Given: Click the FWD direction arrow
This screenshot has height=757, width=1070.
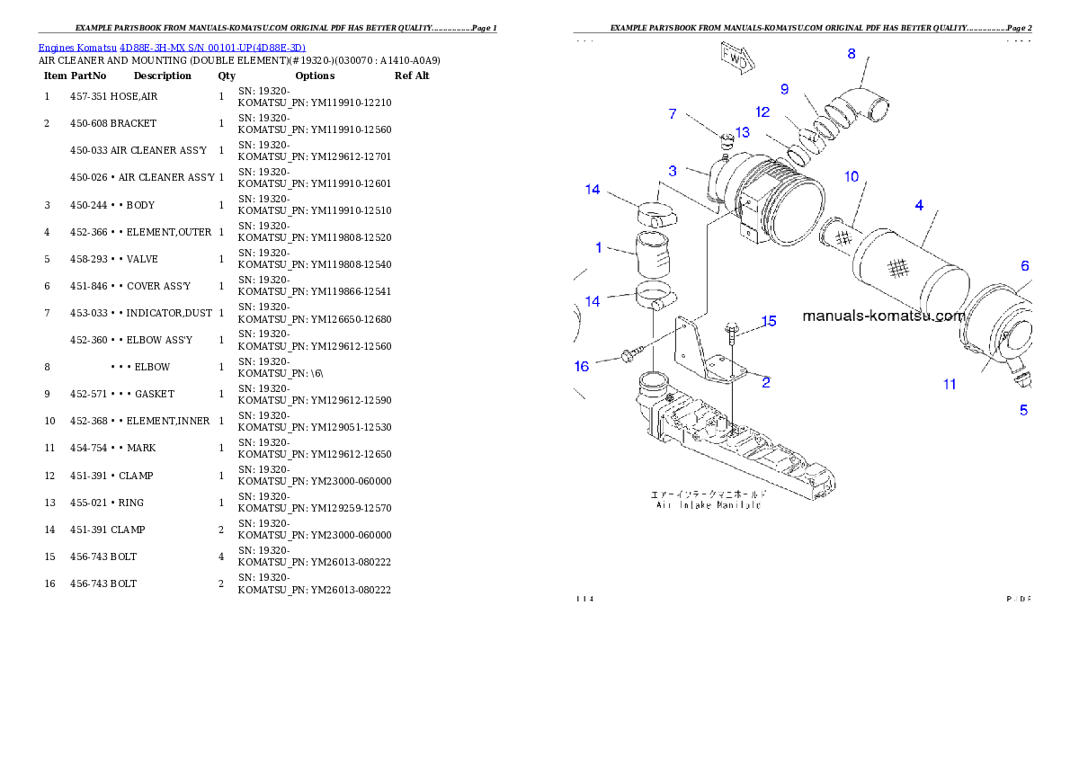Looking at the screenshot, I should tap(735, 56).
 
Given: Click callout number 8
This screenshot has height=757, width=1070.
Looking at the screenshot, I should tap(852, 54).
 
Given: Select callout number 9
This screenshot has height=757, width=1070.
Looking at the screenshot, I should tap(784, 89).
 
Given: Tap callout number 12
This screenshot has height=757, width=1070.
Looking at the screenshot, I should tap(762, 112).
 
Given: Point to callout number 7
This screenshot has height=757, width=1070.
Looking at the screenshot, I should tap(672, 114).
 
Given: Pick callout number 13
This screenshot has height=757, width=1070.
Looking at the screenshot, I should tap(742, 133).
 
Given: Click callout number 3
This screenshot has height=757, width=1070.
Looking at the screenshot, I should tap(673, 171).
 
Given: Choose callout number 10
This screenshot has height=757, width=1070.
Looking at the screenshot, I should tap(852, 176).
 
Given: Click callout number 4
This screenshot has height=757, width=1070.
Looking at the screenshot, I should tap(919, 206).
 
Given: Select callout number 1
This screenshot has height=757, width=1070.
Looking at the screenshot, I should tap(599, 247).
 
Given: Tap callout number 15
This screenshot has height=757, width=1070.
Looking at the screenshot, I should tap(769, 321).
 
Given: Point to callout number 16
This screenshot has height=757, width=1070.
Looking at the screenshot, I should tap(582, 366).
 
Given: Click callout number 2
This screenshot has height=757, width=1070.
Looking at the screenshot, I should tap(765, 382).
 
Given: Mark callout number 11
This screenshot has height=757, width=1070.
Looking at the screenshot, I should tap(950, 385).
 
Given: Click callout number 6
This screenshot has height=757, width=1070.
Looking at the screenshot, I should tap(1024, 266).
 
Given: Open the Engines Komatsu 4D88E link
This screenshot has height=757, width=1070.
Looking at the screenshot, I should tap(172, 48).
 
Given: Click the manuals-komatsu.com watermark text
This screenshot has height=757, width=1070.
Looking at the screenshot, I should tap(883, 316).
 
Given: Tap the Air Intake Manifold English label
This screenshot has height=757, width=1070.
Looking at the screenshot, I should tap(708, 505).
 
